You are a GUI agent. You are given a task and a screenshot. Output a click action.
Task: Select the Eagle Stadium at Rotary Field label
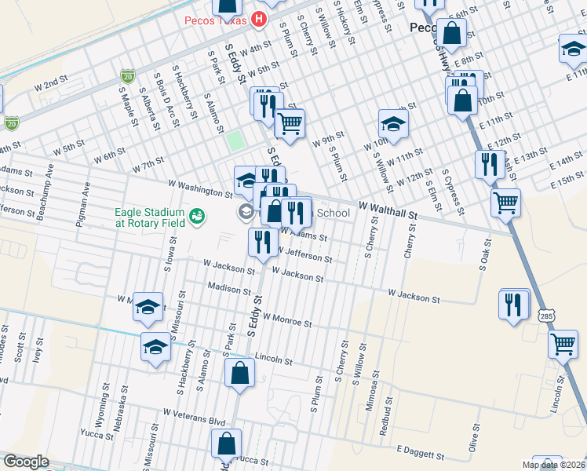[x=150, y=217]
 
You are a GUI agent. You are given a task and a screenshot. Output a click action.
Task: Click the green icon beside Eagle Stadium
[x=197, y=215]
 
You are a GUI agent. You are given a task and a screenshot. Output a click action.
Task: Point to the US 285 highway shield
[x=547, y=315]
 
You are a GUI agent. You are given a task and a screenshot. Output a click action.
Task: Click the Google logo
[x=26, y=462]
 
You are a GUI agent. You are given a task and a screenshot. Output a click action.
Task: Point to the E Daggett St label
[x=421, y=455]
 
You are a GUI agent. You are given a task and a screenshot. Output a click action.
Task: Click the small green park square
[x=235, y=142]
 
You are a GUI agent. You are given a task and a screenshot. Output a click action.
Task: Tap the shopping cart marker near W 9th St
[x=290, y=122]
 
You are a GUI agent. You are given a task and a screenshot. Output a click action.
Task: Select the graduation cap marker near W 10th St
[x=394, y=122]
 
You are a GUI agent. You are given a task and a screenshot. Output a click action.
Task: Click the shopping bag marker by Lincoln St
[x=239, y=372]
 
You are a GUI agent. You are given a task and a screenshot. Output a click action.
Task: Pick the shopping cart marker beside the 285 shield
[x=563, y=342]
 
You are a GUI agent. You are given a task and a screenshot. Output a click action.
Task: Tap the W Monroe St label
[x=287, y=321]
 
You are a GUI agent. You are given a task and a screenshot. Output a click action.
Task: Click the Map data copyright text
[x=552, y=465]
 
